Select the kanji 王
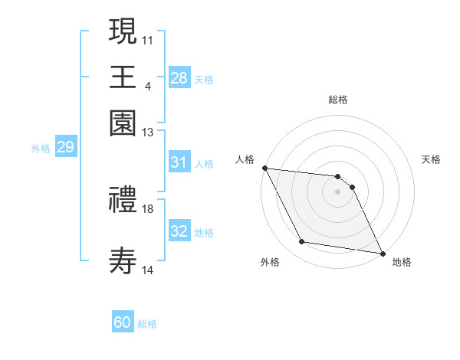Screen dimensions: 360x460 pos(123,77)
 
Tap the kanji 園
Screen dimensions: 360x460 pos(123,123)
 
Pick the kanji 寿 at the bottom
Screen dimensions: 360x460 pos(123,261)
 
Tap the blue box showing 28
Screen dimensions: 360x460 pos(179,77)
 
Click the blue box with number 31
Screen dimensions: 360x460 pos(179,162)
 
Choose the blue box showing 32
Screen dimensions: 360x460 pos(179,231)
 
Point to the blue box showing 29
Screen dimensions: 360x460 pos(65,147)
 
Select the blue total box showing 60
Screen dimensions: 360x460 pos(123,322)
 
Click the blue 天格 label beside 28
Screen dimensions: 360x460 pos(204,79)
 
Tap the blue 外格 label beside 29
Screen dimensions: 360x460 pos(40,149)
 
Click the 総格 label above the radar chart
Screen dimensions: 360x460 pos(338,100)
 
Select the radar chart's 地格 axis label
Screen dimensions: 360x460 pos(402,262)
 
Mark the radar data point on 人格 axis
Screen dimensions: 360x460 pos(264,168)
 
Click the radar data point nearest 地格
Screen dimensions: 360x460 pos(382,253)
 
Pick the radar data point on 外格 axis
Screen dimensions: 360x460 pos(302,242)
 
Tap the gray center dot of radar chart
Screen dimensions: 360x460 pos(338,191)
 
